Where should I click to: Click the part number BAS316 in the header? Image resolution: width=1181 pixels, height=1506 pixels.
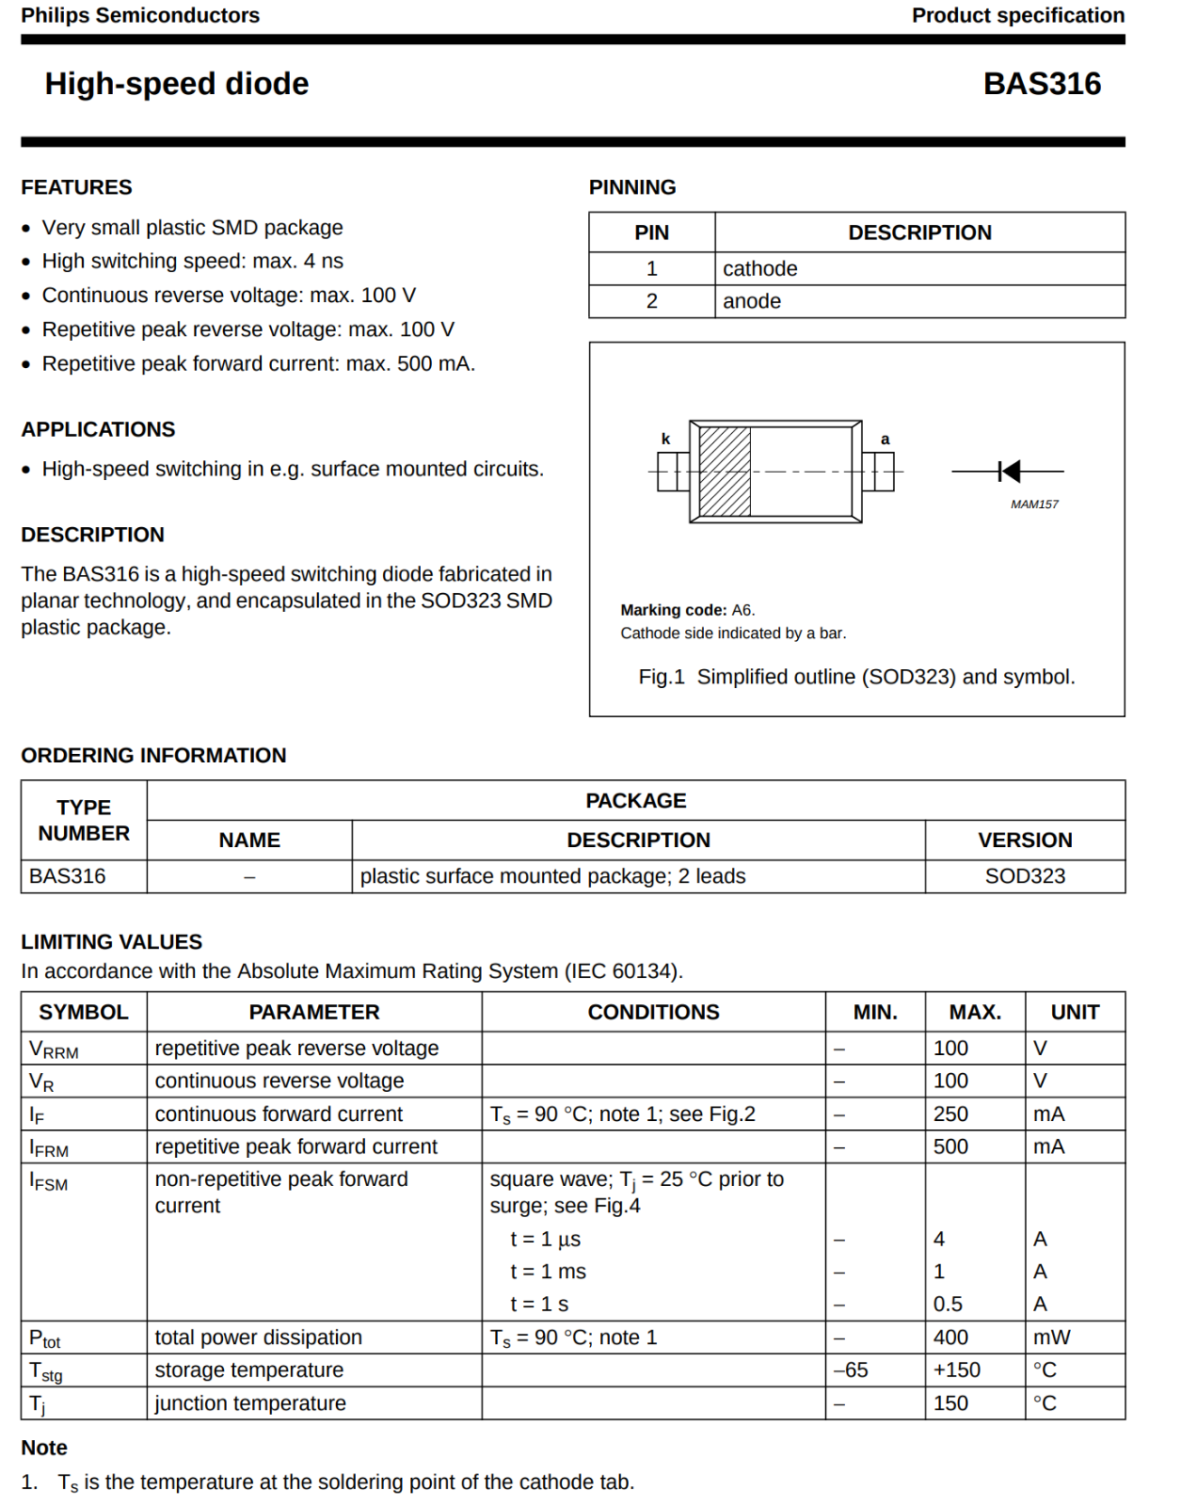pyautogui.click(x=1041, y=84)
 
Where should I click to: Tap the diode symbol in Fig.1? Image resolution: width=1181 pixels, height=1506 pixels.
pyautogui.click(x=1009, y=471)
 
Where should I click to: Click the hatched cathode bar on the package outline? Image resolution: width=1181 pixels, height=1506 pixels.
pyautogui.click(x=725, y=472)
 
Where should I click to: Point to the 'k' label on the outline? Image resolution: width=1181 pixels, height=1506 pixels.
pyautogui.click(x=665, y=439)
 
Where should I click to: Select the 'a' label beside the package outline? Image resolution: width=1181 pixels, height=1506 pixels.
pyautogui.click(x=885, y=439)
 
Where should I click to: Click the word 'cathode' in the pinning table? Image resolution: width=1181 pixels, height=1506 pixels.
pyautogui.click(x=759, y=269)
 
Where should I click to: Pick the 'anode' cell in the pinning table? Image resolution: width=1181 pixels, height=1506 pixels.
pyautogui.click(x=752, y=301)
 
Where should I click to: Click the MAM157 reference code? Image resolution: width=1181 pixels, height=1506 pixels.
pyautogui.click(x=1034, y=505)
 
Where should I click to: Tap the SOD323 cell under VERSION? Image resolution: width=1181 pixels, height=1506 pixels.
pyautogui.click(x=1024, y=876)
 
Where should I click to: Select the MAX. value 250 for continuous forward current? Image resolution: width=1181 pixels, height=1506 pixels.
pyautogui.click(x=950, y=1114)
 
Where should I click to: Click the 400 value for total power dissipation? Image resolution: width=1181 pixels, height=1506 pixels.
pyautogui.click(x=950, y=1338)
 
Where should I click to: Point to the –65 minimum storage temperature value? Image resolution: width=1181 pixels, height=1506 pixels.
pyautogui.click(x=851, y=1370)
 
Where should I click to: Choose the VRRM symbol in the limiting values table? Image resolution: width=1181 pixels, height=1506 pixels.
pyautogui.click(x=54, y=1049)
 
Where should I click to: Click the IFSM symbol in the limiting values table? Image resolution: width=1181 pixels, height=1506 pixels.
pyautogui.click(x=48, y=1181)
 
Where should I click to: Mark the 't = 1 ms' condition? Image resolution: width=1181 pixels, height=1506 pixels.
pyautogui.click(x=548, y=1272)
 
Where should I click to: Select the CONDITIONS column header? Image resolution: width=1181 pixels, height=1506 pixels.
pyautogui.click(x=653, y=1013)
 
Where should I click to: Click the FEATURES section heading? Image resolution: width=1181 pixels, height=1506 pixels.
pyautogui.click(x=76, y=187)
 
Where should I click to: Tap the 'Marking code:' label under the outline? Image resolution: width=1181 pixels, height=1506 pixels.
pyautogui.click(x=673, y=610)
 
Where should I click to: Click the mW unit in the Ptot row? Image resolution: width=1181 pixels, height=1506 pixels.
pyautogui.click(x=1051, y=1338)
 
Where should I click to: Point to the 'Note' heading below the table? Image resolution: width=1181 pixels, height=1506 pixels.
pyautogui.click(x=44, y=1448)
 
